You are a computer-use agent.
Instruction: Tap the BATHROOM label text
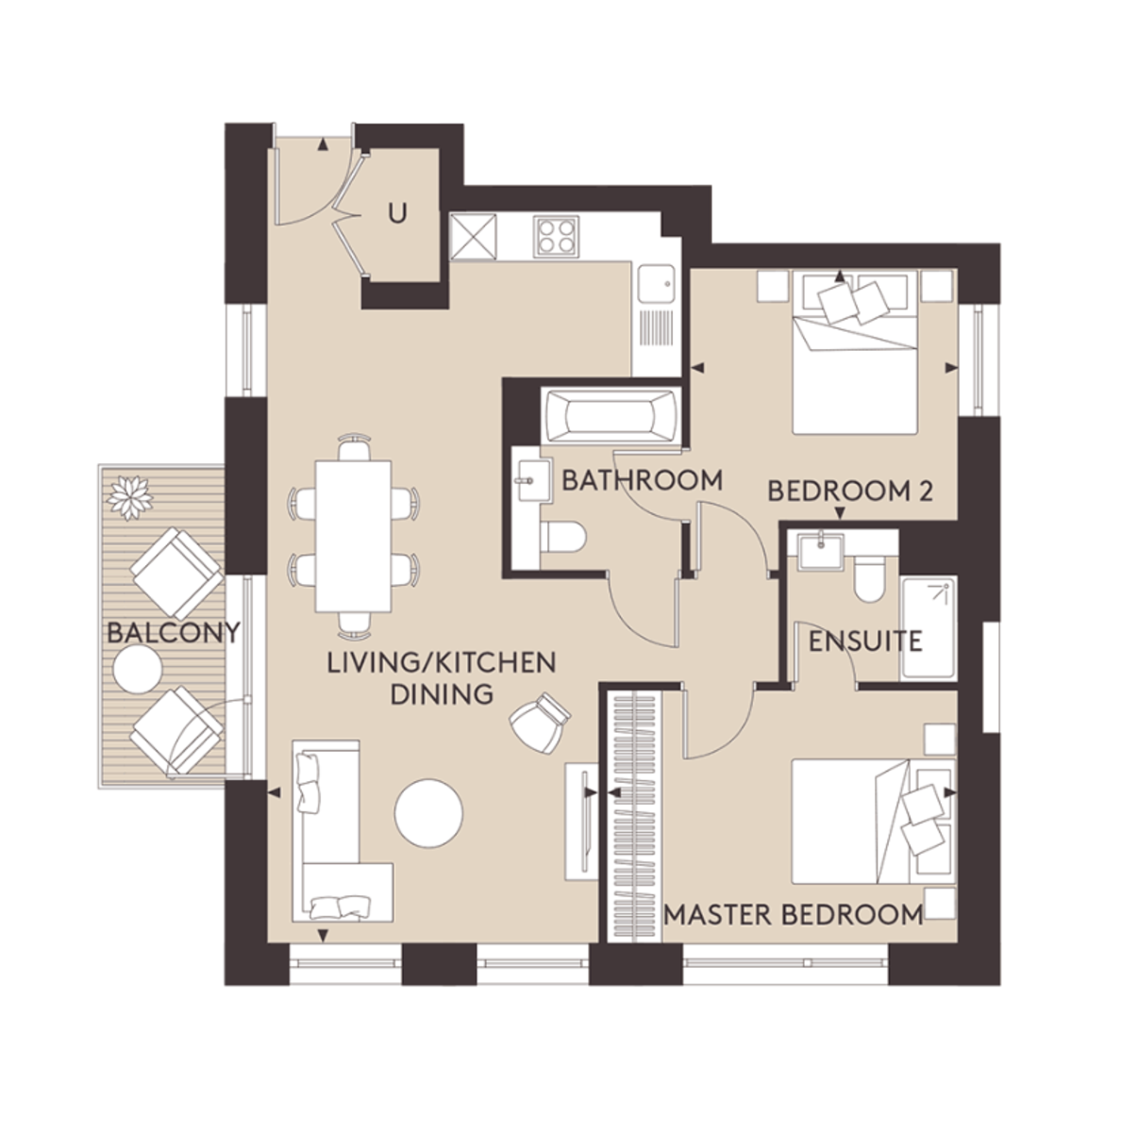click(642, 480)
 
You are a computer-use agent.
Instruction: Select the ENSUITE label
click(864, 641)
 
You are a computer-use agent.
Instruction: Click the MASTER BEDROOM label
click(793, 914)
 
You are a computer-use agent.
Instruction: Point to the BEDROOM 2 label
click(849, 491)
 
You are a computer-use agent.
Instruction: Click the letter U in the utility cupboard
click(397, 215)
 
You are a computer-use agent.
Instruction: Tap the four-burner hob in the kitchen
click(558, 236)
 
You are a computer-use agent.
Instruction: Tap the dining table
click(353, 535)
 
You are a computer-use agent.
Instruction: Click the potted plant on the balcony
click(131, 496)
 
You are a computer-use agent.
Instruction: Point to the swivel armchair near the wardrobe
click(539, 721)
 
